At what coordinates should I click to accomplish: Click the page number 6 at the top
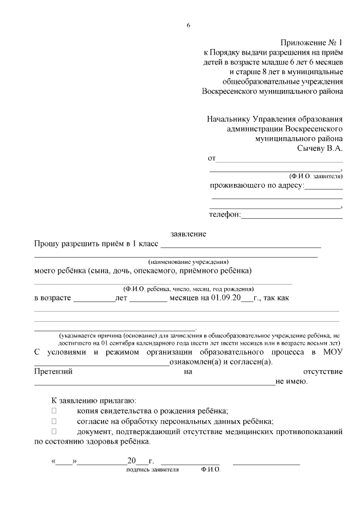coord(188,25)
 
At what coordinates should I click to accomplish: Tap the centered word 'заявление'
coord(188,233)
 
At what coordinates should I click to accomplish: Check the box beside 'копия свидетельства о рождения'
coord(54,411)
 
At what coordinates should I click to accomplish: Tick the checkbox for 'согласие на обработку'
coord(54,421)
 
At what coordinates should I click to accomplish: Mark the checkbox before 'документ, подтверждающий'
coord(54,431)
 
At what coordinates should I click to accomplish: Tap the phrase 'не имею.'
coord(291,382)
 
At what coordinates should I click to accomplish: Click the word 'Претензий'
coord(53,372)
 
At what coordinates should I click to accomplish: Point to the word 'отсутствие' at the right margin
coord(323,372)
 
